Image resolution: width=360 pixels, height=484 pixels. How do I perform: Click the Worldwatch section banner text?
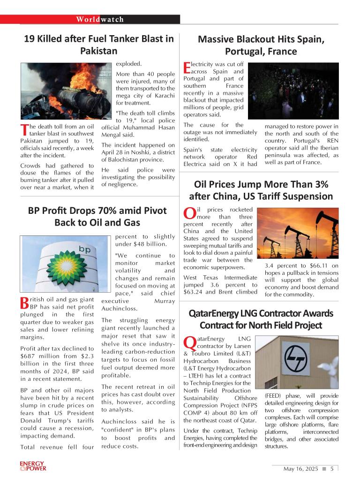100,19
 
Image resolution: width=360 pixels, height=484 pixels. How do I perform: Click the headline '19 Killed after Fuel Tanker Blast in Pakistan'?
98,45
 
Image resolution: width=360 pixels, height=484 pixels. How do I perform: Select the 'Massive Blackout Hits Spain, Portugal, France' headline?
261,45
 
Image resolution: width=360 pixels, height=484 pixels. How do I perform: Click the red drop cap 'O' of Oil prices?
189,213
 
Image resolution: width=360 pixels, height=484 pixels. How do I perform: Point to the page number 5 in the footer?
332,468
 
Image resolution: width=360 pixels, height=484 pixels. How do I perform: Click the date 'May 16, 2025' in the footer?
300,468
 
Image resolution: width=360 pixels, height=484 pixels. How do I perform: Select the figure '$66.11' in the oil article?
306,265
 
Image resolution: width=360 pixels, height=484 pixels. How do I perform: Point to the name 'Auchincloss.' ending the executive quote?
120,309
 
